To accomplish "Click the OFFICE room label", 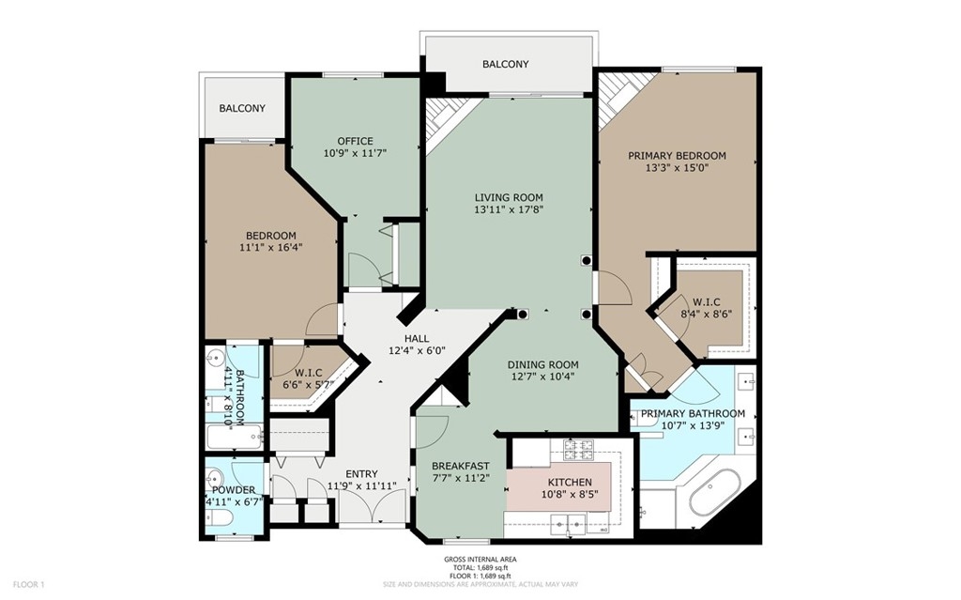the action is point(355,141).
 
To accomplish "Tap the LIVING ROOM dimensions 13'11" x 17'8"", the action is point(509,209).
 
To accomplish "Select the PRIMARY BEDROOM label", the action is point(677,156).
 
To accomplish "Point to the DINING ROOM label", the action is point(542,365).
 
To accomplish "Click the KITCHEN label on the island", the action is point(570,483).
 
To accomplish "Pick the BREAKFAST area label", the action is point(460,467).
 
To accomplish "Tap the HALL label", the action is point(416,339).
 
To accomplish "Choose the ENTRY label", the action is point(361,474).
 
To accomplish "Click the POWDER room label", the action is point(234,490).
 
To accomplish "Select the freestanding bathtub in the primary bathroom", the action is point(715,495).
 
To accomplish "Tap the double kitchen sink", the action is point(568,523).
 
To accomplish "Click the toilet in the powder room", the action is point(218,519).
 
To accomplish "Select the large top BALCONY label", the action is point(505,64).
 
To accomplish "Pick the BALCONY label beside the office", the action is point(242,108).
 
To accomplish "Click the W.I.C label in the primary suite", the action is point(706,301).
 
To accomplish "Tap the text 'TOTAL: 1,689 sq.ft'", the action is point(480,567).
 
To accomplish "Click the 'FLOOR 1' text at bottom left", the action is point(29,585).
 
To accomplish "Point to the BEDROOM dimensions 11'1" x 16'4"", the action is point(271,247).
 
